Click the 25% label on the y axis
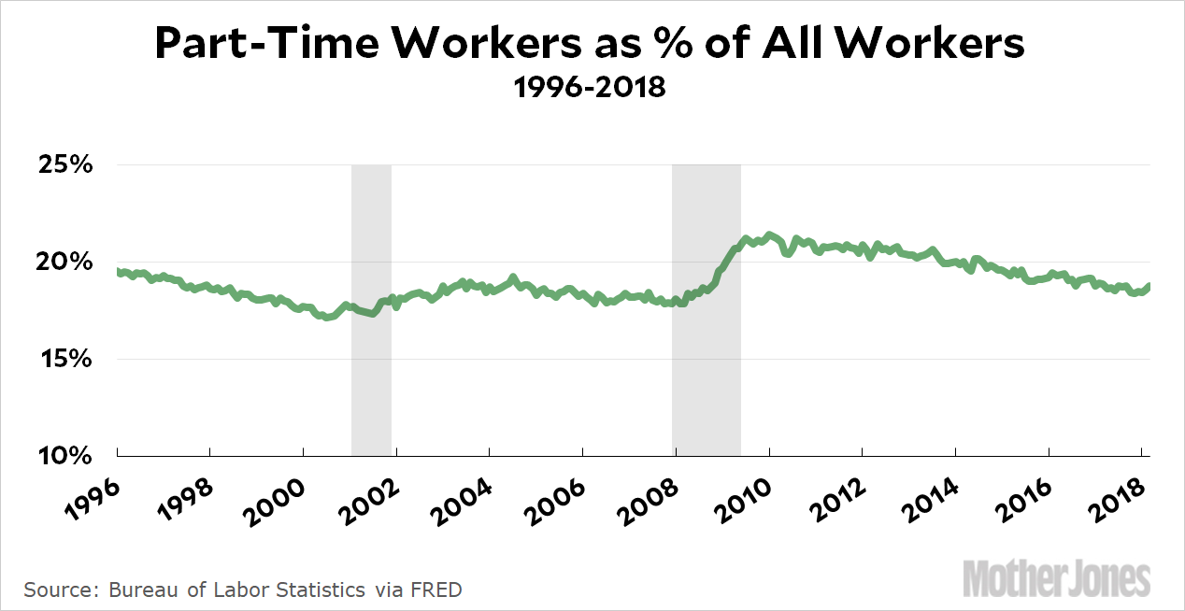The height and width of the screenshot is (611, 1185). (64, 165)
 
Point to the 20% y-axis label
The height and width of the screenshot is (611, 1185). (64, 263)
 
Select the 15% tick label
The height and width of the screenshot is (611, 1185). (64, 360)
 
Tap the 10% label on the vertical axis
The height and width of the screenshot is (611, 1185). (64, 456)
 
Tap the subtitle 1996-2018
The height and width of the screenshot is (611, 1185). (590, 88)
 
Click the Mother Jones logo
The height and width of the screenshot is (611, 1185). (1057, 579)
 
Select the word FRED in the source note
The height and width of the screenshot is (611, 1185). (438, 590)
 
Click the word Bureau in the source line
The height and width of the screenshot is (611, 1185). (140, 590)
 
